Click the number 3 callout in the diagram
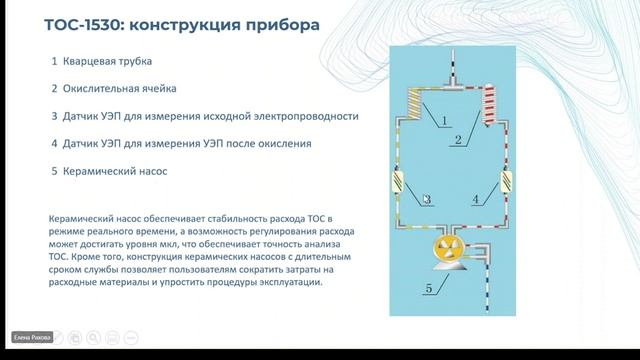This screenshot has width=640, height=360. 426,200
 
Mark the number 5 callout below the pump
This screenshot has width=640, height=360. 430,291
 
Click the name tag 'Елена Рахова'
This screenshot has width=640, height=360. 32,338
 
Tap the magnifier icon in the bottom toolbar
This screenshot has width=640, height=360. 92,338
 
